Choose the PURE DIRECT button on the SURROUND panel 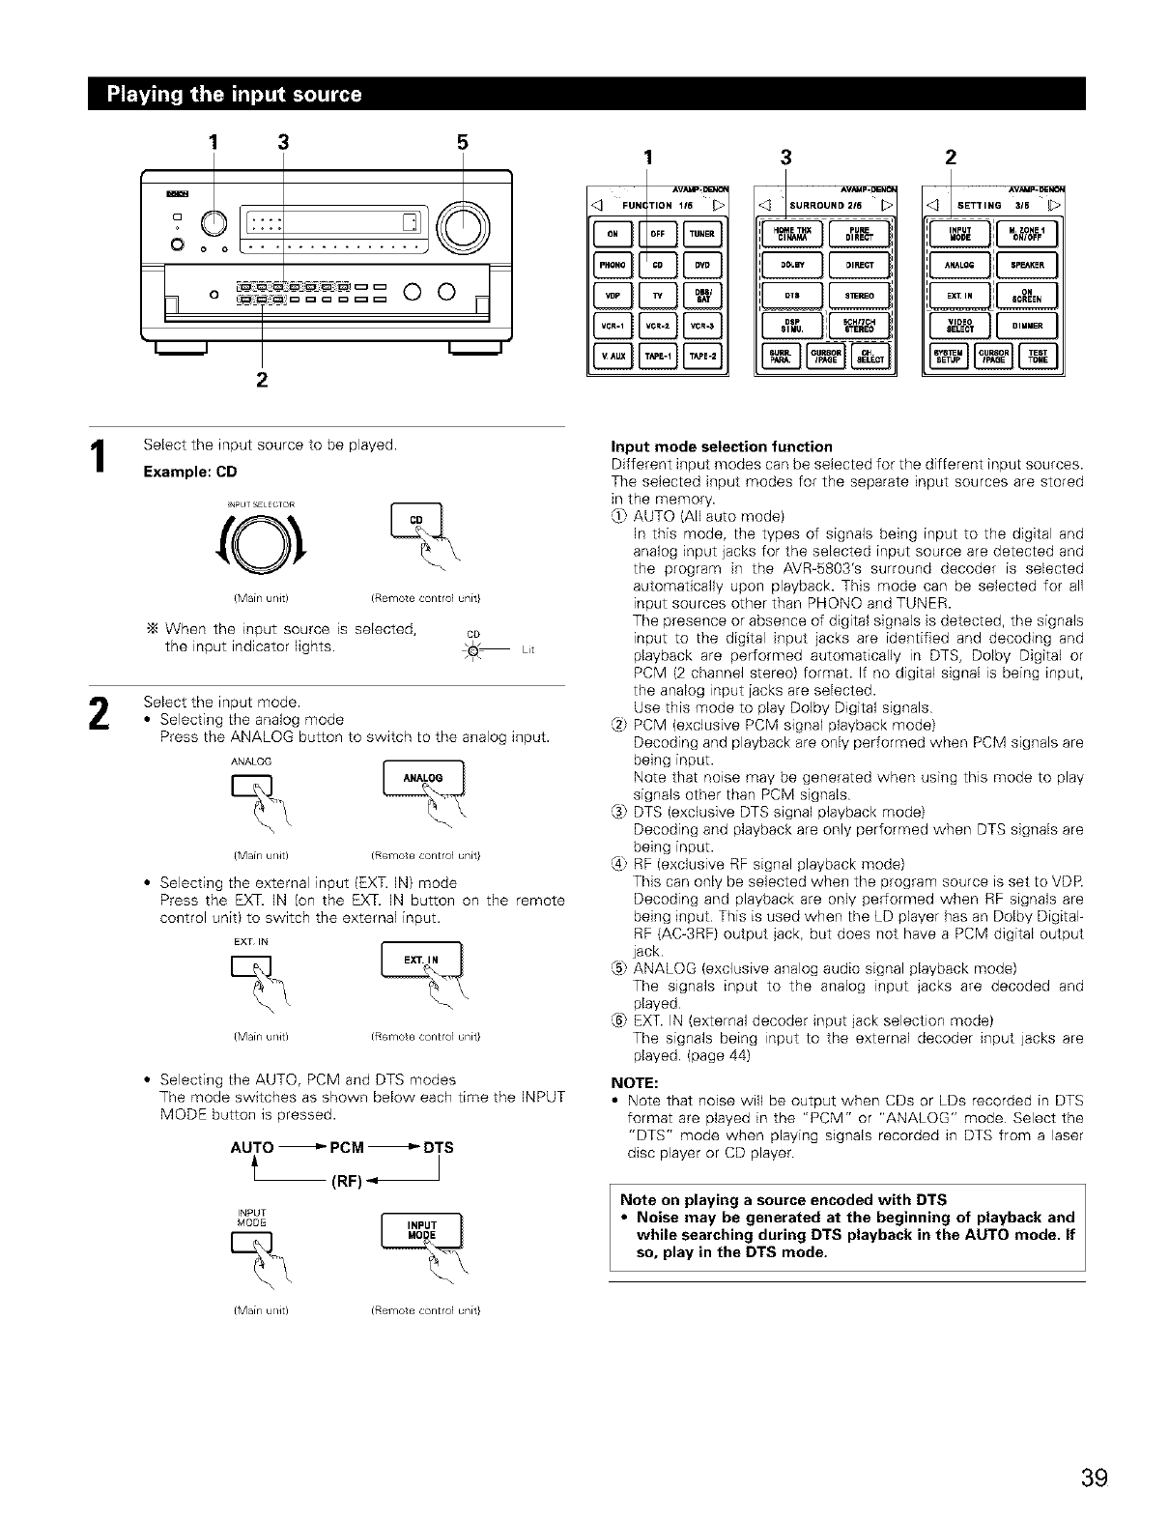[859, 233]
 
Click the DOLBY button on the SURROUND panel [792, 264]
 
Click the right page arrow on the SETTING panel [1057, 205]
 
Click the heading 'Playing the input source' [236, 95]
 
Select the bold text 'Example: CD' [189, 473]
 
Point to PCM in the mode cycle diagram [347, 1148]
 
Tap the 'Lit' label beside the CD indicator [527, 651]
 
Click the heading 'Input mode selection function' [722, 446]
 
